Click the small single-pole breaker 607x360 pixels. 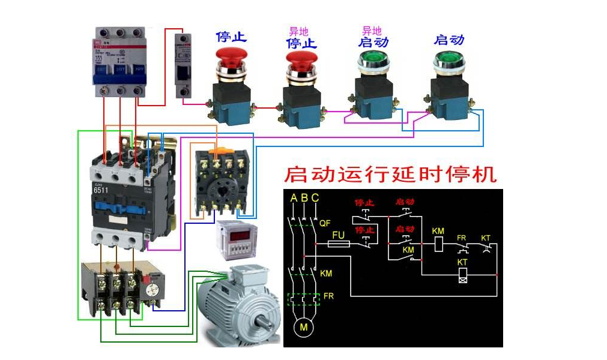coord(183,65)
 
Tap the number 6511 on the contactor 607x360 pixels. coord(101,190)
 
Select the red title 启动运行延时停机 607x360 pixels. coord(390,175)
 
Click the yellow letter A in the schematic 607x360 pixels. coord(293,198)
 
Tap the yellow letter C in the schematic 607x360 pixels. coord(315,198)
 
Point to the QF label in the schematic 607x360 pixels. coord(325,223)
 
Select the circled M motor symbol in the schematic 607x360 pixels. coord(304,328)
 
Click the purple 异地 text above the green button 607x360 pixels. coord(372,30)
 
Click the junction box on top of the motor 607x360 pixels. coord(247,275)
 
